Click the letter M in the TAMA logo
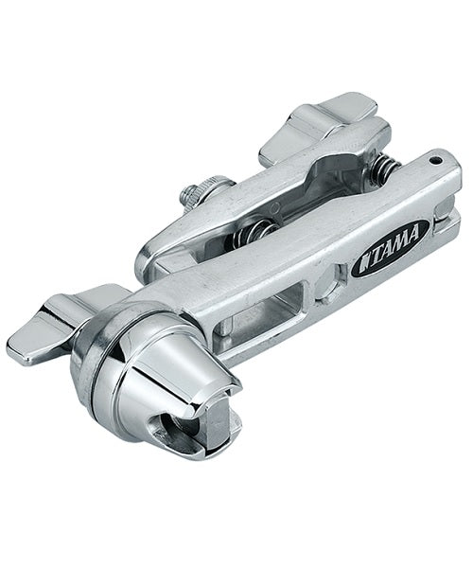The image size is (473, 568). click(399, 243)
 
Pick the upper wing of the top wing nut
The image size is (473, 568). click(346, 106)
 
